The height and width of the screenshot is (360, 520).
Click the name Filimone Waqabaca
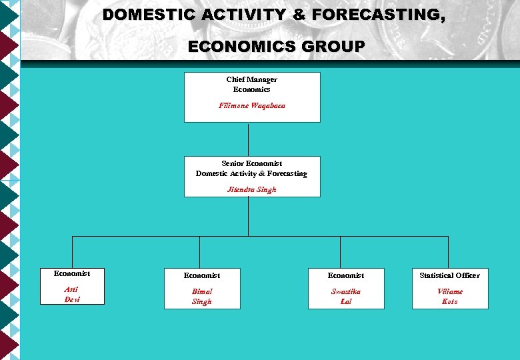coord(251,106)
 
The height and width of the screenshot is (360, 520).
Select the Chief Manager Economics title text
coord(251,84)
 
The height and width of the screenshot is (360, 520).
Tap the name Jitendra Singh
coord(251,189)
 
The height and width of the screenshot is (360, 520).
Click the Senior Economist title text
coord(251,163)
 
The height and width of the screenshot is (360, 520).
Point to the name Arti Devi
coord(71,295)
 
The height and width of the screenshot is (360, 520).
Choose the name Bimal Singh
coord(201,297)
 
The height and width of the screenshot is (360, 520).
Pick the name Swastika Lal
coord(345,297)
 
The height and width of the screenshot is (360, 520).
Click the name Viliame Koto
coord(449,297)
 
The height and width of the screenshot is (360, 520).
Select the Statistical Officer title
coord(449,275)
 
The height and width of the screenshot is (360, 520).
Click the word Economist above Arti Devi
coord(72,273)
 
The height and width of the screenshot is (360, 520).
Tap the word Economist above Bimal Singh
coord(201,275)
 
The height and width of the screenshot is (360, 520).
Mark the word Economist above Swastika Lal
coord(345,275)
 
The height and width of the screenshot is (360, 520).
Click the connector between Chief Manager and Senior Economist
coord(248,139)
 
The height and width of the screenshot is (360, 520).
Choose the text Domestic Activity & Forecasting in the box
coord(251,173)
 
